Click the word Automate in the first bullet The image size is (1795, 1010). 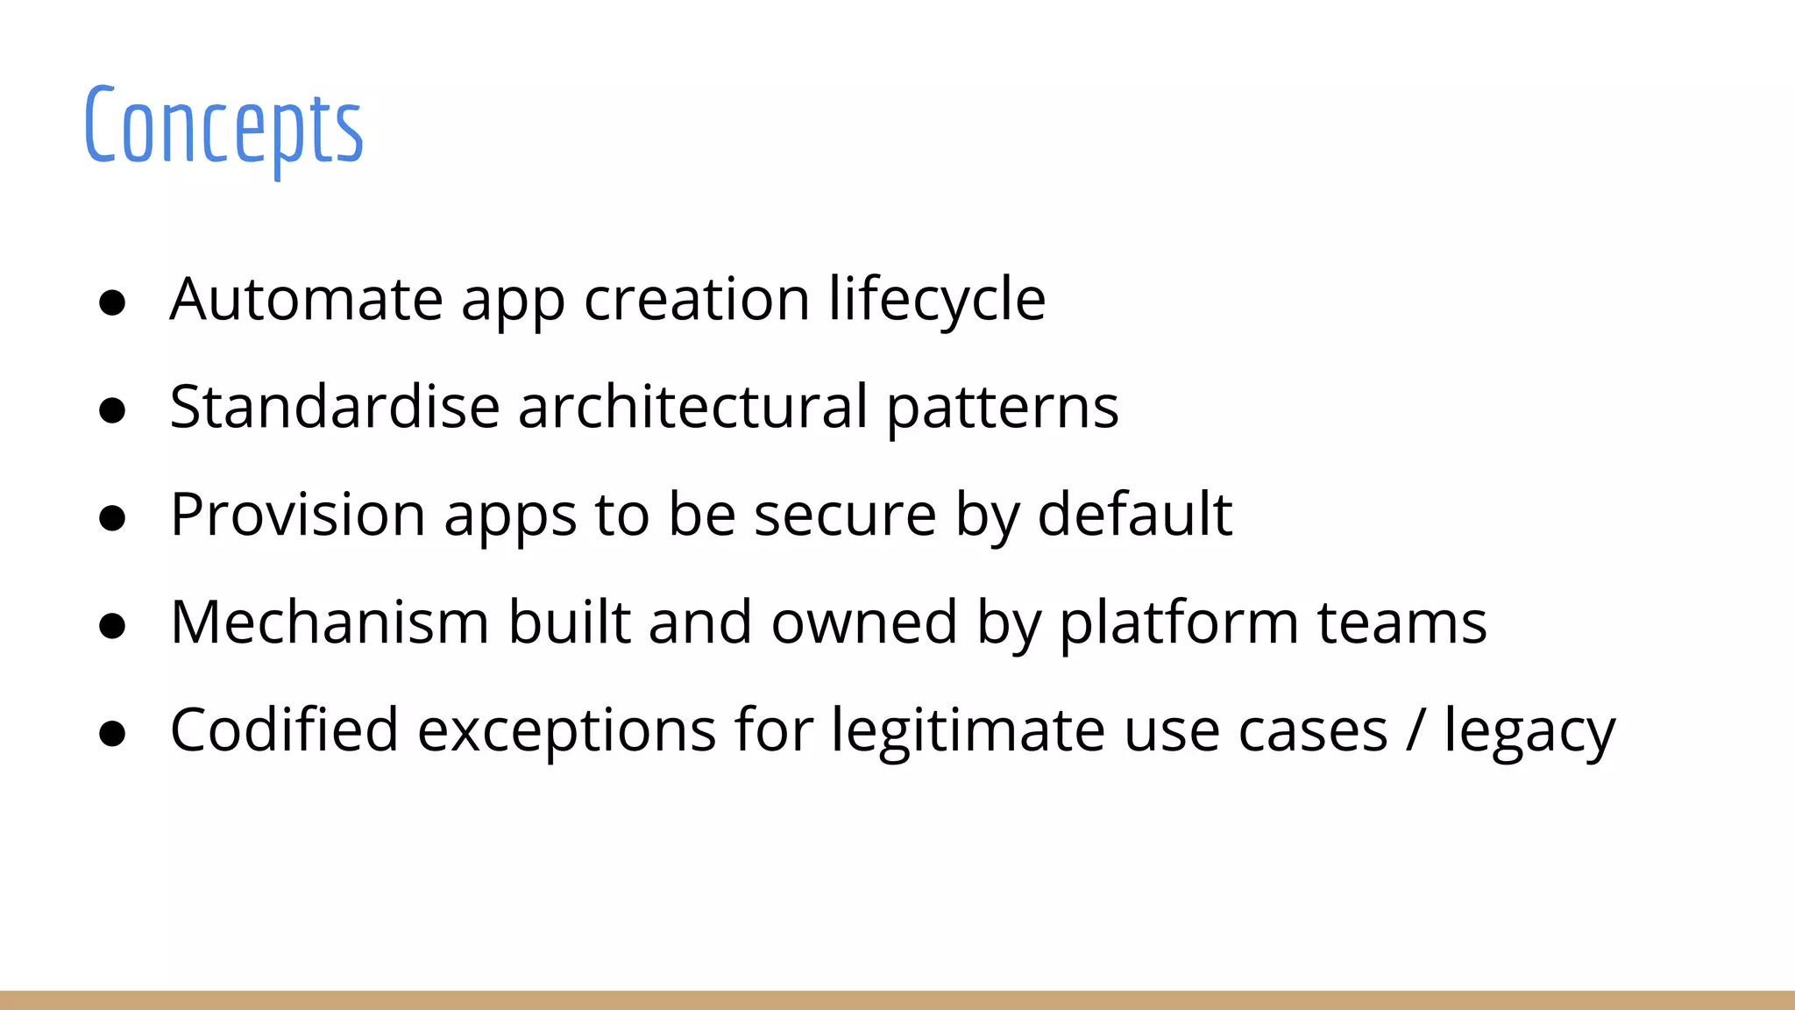[306, 300]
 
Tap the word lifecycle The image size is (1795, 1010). [937, 300]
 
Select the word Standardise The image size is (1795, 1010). [334, 407]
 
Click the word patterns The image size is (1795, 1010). [1003, 409]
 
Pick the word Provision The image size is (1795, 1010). [297, 515]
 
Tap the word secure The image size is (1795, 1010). [845, 516]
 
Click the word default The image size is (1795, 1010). [1135, 515]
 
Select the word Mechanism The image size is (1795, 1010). [330, 622]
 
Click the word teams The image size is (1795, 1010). [1402, 623]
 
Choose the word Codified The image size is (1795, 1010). [284, 730]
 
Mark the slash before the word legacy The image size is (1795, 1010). [1415, 730]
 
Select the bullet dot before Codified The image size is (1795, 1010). [112, 734]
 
